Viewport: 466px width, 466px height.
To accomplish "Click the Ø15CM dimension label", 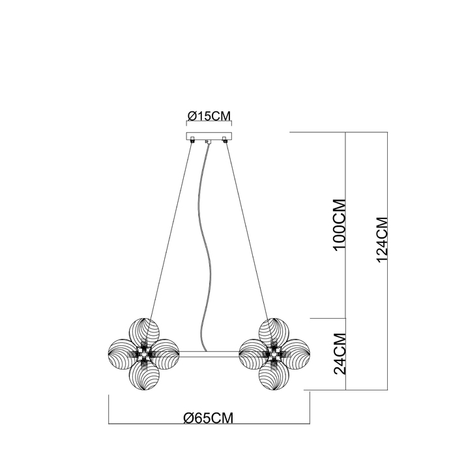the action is point(209,116).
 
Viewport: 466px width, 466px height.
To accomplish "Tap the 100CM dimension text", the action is point(340,225).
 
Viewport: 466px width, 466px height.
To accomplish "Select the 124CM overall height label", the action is point(382,240).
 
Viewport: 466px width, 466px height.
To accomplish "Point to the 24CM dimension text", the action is point(340,354).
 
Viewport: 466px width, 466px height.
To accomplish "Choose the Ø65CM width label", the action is point(209,418).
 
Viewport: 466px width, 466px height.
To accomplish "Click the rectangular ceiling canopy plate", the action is point(209,136).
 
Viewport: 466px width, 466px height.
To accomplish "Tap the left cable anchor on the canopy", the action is point(192,139).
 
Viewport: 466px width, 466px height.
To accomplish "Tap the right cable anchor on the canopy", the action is point(226,139).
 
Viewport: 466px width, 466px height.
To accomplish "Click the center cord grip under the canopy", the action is point(208,142).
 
